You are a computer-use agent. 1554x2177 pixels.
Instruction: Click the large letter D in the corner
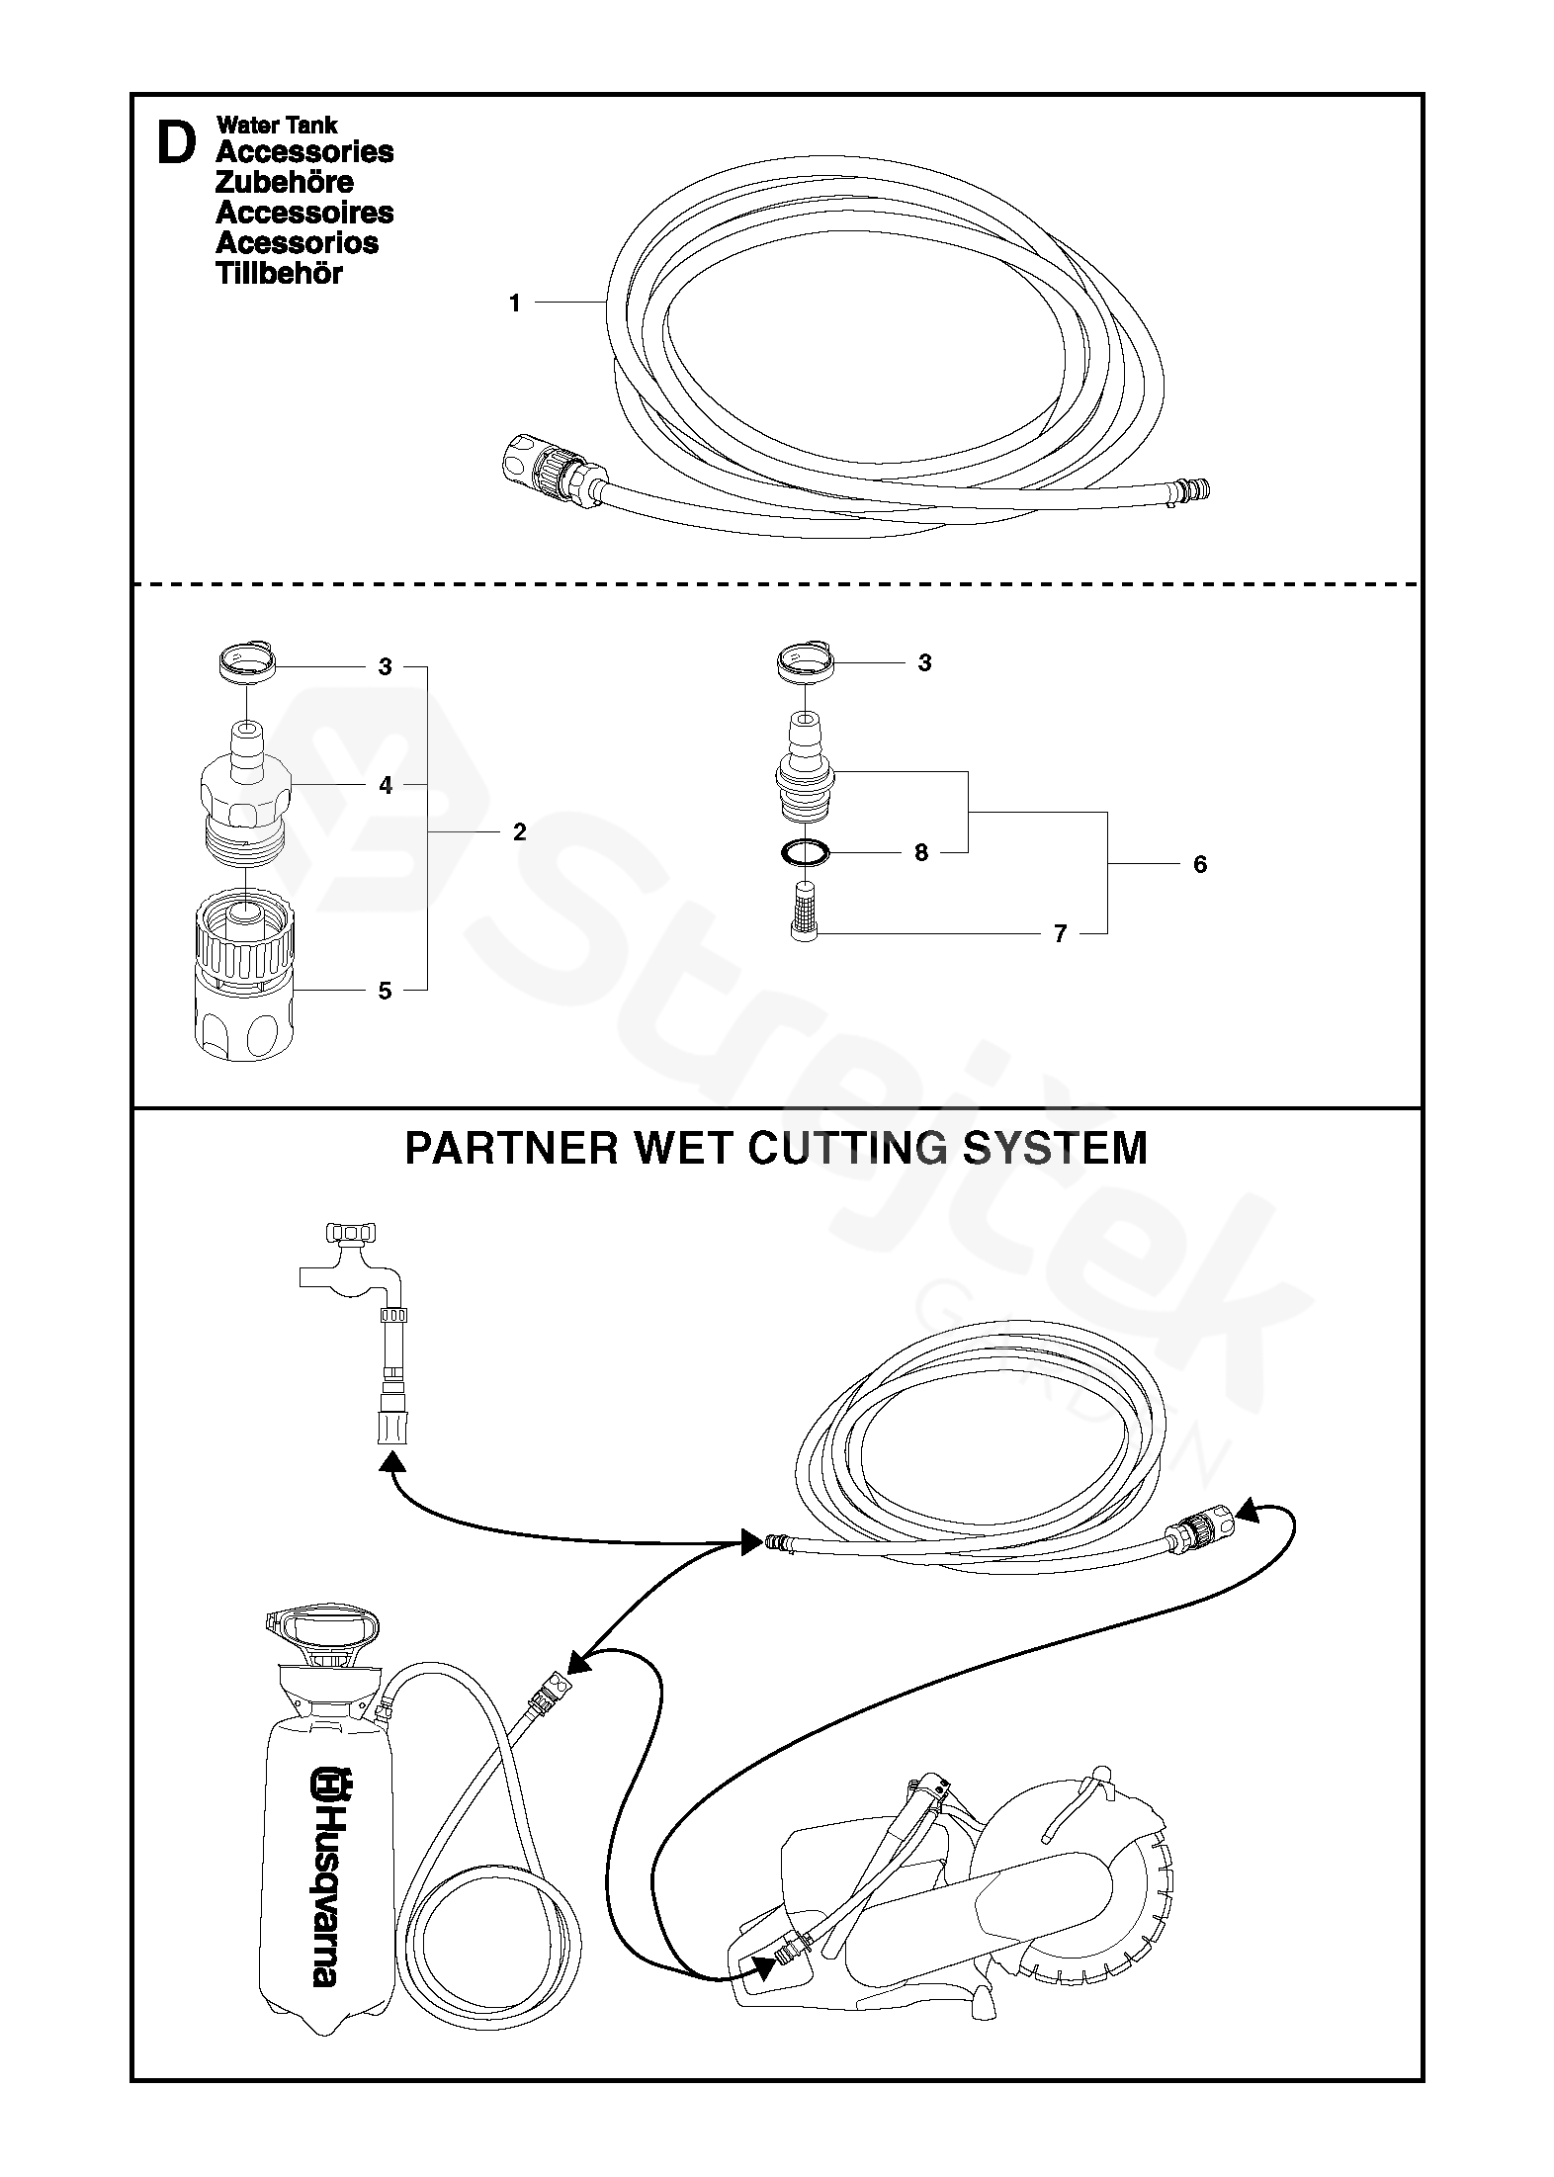point(176,144)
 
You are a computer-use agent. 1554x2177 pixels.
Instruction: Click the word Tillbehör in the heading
point(279,274)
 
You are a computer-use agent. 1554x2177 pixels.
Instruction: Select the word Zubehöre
point(284,182)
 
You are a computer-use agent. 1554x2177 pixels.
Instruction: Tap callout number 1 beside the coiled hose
point(514,304)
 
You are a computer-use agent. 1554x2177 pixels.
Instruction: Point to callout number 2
point(520,831)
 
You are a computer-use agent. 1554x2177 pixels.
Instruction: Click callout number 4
point(386,785)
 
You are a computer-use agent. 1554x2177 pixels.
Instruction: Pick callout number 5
point(386,991)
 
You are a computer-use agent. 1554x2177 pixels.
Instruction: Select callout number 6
point(1200,864)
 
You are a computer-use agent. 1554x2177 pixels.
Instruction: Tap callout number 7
point(1060,933)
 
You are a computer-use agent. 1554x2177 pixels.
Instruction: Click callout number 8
point(921,852)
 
